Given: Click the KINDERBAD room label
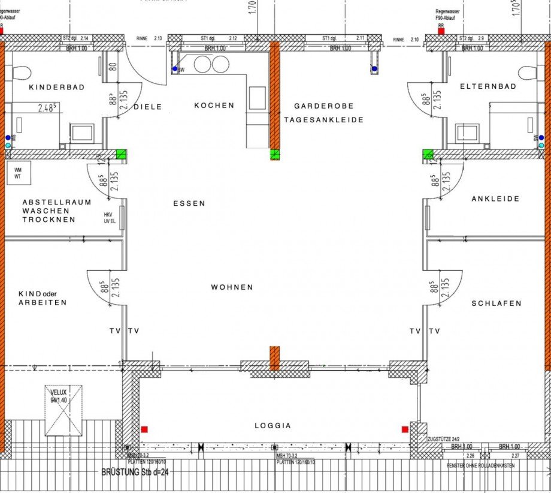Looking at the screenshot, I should click(57, 87).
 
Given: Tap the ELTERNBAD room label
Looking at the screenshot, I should click(488, 86).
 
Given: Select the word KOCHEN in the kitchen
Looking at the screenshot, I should click(214, 106).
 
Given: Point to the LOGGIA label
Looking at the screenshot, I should click(272, 425).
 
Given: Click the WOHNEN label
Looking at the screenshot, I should click(232, 287).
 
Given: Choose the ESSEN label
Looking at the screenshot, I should click(189, 203).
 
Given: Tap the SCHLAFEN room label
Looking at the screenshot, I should click(496, 303).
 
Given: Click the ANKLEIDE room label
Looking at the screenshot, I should click(495, 199).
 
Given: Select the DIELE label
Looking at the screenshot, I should click(148, 107).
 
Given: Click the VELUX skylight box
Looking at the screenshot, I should click(63, 410).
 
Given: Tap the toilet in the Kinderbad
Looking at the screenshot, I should click(22, 73).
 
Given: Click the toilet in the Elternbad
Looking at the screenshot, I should click(528, 73).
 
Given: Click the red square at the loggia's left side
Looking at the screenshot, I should click(144, 429).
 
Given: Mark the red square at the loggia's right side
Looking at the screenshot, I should click(405, 429).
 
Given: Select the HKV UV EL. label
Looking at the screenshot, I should click(108, 218).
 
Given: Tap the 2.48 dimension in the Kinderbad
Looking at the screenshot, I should click(47, 109).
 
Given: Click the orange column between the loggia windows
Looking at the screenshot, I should click(274, 358).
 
